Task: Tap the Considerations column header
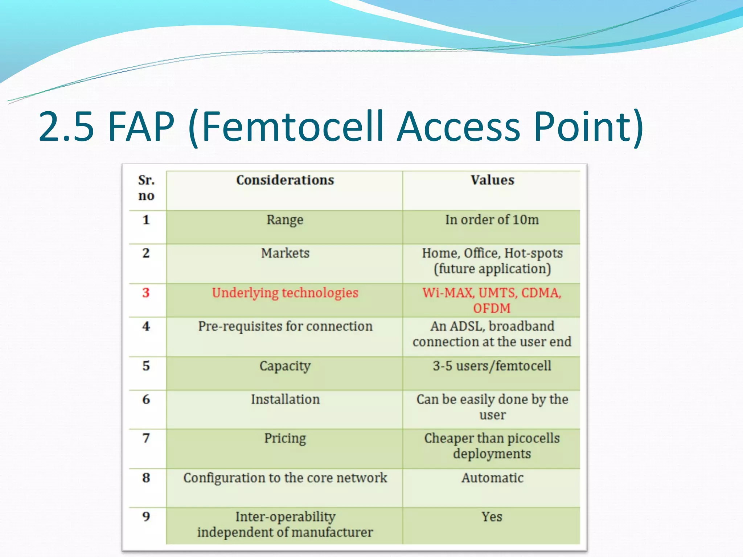(x=285, y=180)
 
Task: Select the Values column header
(x=492, y=180)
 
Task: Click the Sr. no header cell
(x=146, y=188)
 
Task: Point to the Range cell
(x=285, y=220)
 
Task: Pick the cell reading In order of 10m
(x=492, y=220)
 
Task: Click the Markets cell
(x=285, y=253)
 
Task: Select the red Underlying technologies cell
(x=285, y=293)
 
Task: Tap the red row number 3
(x=146, y=293)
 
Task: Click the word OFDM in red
(x=492, y=308)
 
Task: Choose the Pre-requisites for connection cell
(x=285, y=326)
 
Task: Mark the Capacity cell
(x=285, y=366)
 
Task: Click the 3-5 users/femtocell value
(x=492, y=366)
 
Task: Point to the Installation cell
(x=285, y=399)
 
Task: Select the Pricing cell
(x=285, y=438)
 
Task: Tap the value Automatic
(x=492, y=478)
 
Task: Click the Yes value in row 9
(x=492, y=517)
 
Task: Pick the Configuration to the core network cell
(x=285, y=478)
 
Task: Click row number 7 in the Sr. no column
(x=146, y=438)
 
